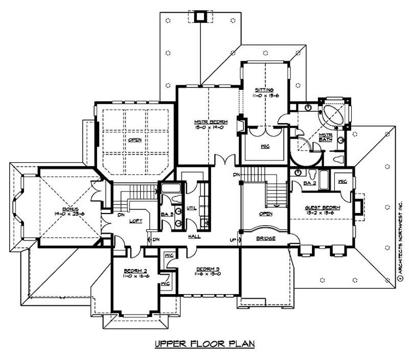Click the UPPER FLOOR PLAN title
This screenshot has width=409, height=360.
[204, 345]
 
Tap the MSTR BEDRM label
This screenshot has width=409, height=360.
[208, 122]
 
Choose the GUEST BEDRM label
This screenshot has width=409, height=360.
[322, 208]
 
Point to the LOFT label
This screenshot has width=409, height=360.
[135, 221]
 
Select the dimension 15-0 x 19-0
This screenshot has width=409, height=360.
[208, 127]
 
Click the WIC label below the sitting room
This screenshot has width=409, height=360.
[265, 147]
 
